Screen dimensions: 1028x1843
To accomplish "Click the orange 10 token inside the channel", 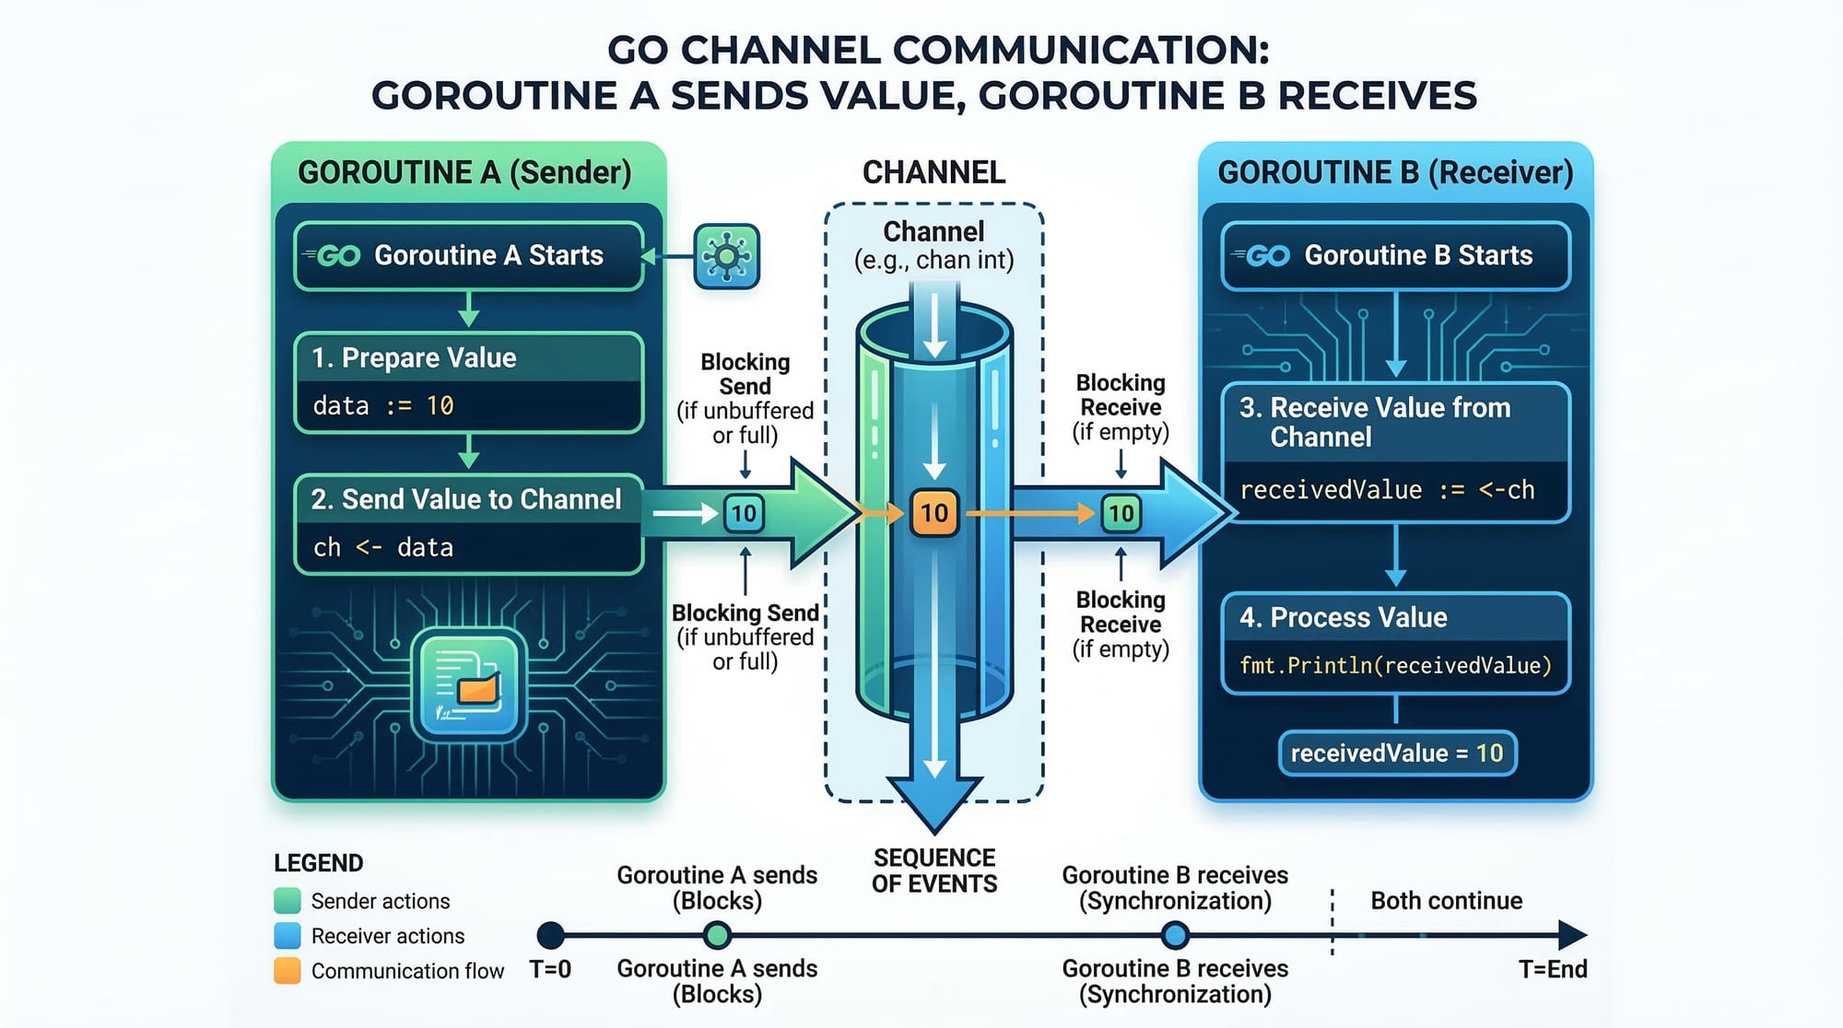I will (x=934, y=513).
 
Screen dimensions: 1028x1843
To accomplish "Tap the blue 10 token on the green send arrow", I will (x=744, y=513).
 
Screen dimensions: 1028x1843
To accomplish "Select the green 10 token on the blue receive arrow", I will (x=1121, y=513).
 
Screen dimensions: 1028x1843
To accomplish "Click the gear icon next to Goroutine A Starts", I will (x=726, y=256).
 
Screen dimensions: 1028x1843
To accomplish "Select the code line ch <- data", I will (x=383, y=547).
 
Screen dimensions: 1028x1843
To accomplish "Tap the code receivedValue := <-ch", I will (x=1387, y=490).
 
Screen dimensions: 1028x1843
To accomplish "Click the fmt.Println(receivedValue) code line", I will (x=1395, y=665).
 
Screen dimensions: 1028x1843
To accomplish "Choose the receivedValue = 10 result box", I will (x=1396, y=753).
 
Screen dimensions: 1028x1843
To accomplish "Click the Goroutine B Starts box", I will (x=1395, y=256).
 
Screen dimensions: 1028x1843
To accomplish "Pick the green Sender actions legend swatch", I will (x=288, y=900).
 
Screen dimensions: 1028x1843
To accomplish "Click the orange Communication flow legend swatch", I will (x=288, y=970).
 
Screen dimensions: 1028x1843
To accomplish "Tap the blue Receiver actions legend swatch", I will (x=288, y=935).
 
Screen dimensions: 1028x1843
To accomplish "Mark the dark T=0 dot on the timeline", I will (x=550, y=935).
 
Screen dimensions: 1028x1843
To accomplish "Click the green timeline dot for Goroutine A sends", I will (x=717, y=935).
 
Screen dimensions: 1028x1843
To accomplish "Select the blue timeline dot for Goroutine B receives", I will (x=1174, y=935).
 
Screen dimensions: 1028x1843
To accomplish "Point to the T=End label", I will (x=1553, y=969).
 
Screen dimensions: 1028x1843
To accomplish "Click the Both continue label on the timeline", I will (x=1446, y=900).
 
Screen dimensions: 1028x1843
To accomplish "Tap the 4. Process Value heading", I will (x=1343, y=617).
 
